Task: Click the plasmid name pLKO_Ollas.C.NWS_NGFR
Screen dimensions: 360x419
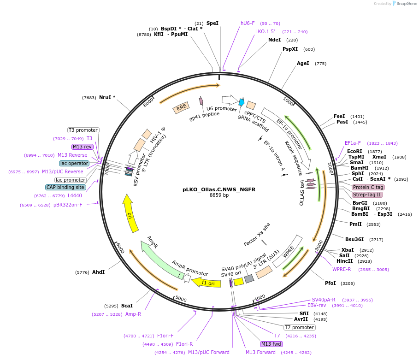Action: click(219, 189)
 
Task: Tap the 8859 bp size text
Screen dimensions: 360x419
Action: click(219, 195)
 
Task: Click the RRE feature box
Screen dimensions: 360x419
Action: click(181, 107)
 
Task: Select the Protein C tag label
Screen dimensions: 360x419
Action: click(368, 187)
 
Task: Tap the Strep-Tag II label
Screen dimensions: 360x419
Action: click(367, 195)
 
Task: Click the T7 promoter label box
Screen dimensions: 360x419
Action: click(299, 327)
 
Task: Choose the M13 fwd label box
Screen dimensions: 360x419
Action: click(271, 344)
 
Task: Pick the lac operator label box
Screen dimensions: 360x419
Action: click(74, 163)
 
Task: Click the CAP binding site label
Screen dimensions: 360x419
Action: click(65, 187)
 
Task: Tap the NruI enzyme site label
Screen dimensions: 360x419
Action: click(107, 97)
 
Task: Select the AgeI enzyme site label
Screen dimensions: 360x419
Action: click(303, 63)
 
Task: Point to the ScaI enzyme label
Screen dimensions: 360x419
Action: click(127, 306)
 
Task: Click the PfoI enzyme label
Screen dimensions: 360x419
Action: click(330, 283)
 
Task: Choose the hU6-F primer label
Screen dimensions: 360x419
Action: click(248, 23)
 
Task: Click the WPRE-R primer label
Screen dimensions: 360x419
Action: click(342, 269)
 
